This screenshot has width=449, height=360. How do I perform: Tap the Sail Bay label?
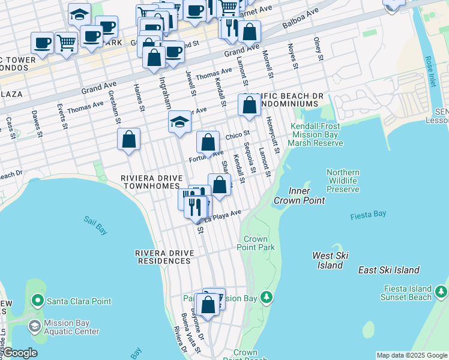[x=95, y=221]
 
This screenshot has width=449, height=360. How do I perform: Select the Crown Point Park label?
[x=256, y=243]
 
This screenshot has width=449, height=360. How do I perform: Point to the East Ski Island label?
[x=388, y=270]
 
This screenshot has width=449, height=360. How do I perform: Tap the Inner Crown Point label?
[x=299, y=196]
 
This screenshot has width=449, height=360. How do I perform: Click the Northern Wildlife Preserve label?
[x=343, y=181]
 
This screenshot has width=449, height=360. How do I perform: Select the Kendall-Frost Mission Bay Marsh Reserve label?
[x=315, y=134]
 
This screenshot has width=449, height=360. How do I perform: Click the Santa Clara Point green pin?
[x=38, y=299]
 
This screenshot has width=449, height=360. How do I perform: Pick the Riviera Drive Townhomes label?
[x=150, y=182]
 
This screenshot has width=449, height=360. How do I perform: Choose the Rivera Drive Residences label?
[x=164, y=257]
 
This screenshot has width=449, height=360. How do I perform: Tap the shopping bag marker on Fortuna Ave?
[x=208, y=143]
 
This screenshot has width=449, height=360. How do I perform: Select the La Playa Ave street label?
[x=223, y=216]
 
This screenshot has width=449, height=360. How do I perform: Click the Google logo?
[x=19, y=353]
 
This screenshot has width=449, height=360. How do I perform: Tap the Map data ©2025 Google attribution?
[x=412, y=355]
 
